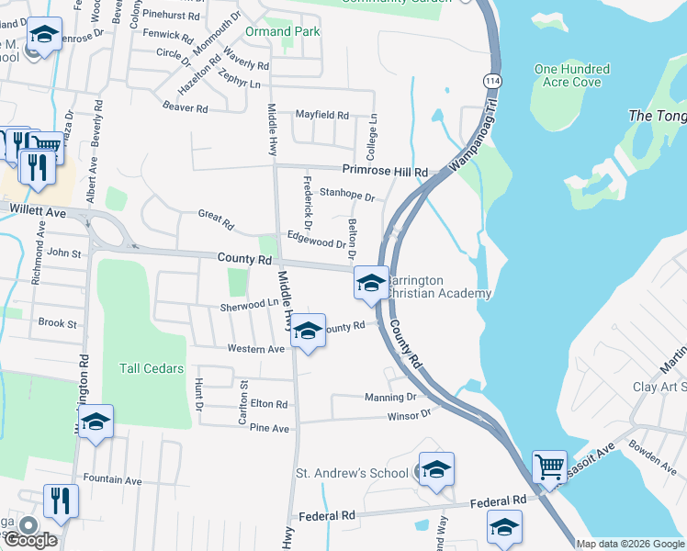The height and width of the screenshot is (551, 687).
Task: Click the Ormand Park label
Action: coord(282,31)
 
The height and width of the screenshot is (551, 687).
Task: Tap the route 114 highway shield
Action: coord(494,81)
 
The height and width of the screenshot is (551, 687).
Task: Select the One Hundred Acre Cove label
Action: coord(571,75)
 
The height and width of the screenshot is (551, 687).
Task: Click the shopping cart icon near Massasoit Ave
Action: coord(549,467)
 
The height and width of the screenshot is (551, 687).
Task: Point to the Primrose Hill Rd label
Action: coord(385,172)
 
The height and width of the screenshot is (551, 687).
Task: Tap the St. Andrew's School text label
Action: coord(351,473)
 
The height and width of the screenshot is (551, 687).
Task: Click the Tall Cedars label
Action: coord(152,368)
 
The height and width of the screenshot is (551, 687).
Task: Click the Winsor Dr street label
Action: coord(412,415)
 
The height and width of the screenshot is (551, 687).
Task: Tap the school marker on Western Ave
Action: coord(308,332)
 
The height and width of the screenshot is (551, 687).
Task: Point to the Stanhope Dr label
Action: coord(347,196)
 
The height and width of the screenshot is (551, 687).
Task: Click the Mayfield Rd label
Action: coord(321,116)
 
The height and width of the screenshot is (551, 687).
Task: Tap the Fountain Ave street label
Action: coord(112,479)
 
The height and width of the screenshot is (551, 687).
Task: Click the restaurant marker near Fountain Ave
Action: coord(61,500)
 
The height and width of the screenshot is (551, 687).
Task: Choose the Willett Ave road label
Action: coord(38,211)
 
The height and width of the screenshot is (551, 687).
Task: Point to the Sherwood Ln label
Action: coord(249,305)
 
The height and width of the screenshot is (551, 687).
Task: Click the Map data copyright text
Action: coord(630,544)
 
